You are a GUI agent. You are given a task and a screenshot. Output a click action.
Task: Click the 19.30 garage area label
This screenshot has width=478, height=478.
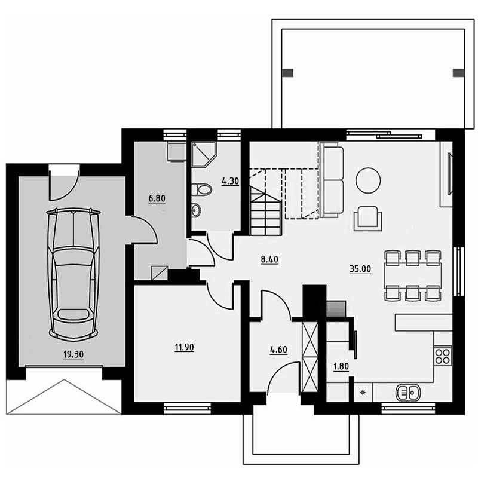tap(73, 354)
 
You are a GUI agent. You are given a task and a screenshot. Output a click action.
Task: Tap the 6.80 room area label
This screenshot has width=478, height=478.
tap(157, 198)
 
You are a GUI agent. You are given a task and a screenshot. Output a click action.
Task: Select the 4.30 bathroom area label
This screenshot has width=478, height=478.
tap(230, 181)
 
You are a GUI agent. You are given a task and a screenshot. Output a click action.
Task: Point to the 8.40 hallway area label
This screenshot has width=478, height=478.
tap(269, 259)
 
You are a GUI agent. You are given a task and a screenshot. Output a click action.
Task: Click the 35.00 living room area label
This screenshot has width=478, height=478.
tap(360, 269)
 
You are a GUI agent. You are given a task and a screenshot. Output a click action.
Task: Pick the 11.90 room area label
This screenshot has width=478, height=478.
tap(184, 347)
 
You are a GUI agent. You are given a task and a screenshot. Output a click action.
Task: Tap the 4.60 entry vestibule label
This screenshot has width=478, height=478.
tap(278, 350)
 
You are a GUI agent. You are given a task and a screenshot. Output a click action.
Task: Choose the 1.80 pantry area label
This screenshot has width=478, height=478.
tap(341, 366)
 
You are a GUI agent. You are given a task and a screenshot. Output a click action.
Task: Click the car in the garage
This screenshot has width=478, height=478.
tap(73, 274)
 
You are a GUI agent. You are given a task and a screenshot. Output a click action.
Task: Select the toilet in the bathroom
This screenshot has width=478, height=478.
tap(201, 189)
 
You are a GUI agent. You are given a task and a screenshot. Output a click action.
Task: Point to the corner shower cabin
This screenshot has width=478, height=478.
tap(204, 154)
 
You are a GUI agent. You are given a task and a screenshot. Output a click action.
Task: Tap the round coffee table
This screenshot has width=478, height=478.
tap(368, 180)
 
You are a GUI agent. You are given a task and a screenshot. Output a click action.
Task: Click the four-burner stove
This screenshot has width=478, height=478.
tap(443, 356)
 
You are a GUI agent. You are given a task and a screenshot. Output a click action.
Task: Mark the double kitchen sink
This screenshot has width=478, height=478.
tap(408, 393)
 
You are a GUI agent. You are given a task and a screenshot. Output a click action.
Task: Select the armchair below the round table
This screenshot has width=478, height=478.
tap(368, 218)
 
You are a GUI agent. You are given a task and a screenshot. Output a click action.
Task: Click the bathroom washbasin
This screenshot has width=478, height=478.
tap(197, 210)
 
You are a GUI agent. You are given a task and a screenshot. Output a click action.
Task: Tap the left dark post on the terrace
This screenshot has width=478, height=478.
tap(288, 73)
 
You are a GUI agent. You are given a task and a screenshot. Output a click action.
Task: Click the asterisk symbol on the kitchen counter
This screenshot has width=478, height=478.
tap(363, 393)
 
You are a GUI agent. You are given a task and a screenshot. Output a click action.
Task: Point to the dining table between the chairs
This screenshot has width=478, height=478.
tap(413, 275)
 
